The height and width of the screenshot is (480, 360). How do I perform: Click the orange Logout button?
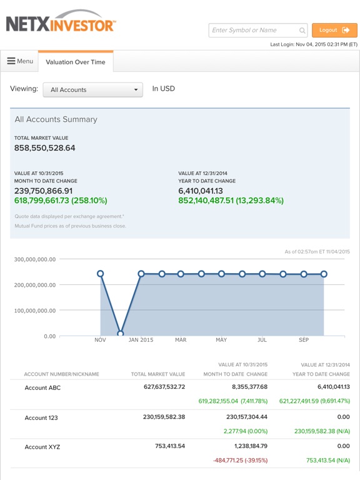coord(334,30)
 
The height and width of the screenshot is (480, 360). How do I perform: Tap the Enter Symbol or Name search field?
coord(257,30)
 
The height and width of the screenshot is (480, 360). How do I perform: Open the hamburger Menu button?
coord(20,61)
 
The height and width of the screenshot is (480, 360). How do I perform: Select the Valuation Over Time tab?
coord(76,62)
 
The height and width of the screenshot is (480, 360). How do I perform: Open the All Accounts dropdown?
coord(92,90)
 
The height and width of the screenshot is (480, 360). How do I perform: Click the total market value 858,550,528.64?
coord(45,148)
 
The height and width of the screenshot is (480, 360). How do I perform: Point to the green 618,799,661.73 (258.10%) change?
coord(61,201)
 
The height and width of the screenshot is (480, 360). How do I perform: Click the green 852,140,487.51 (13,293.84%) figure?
coord(231,201)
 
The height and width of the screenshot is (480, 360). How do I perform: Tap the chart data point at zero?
coord(121,333)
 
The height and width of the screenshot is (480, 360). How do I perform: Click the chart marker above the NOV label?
coord(101,273)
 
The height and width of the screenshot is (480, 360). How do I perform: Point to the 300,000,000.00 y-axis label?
coord(35,259)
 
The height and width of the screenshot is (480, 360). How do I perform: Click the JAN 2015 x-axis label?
coord(141,340)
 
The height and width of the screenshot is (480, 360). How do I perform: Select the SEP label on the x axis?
coord(304,340)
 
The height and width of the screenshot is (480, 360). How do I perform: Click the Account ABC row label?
coord(42,387)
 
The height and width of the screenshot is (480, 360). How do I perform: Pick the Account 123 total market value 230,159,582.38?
coord(164,417)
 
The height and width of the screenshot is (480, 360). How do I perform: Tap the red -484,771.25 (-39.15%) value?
coord(240,460)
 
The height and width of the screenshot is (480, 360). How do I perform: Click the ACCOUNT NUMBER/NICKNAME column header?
coord(61,374)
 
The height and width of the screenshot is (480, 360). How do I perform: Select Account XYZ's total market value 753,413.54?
coord(170,446)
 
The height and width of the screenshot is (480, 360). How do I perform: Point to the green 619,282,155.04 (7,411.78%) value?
coord(233,401)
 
